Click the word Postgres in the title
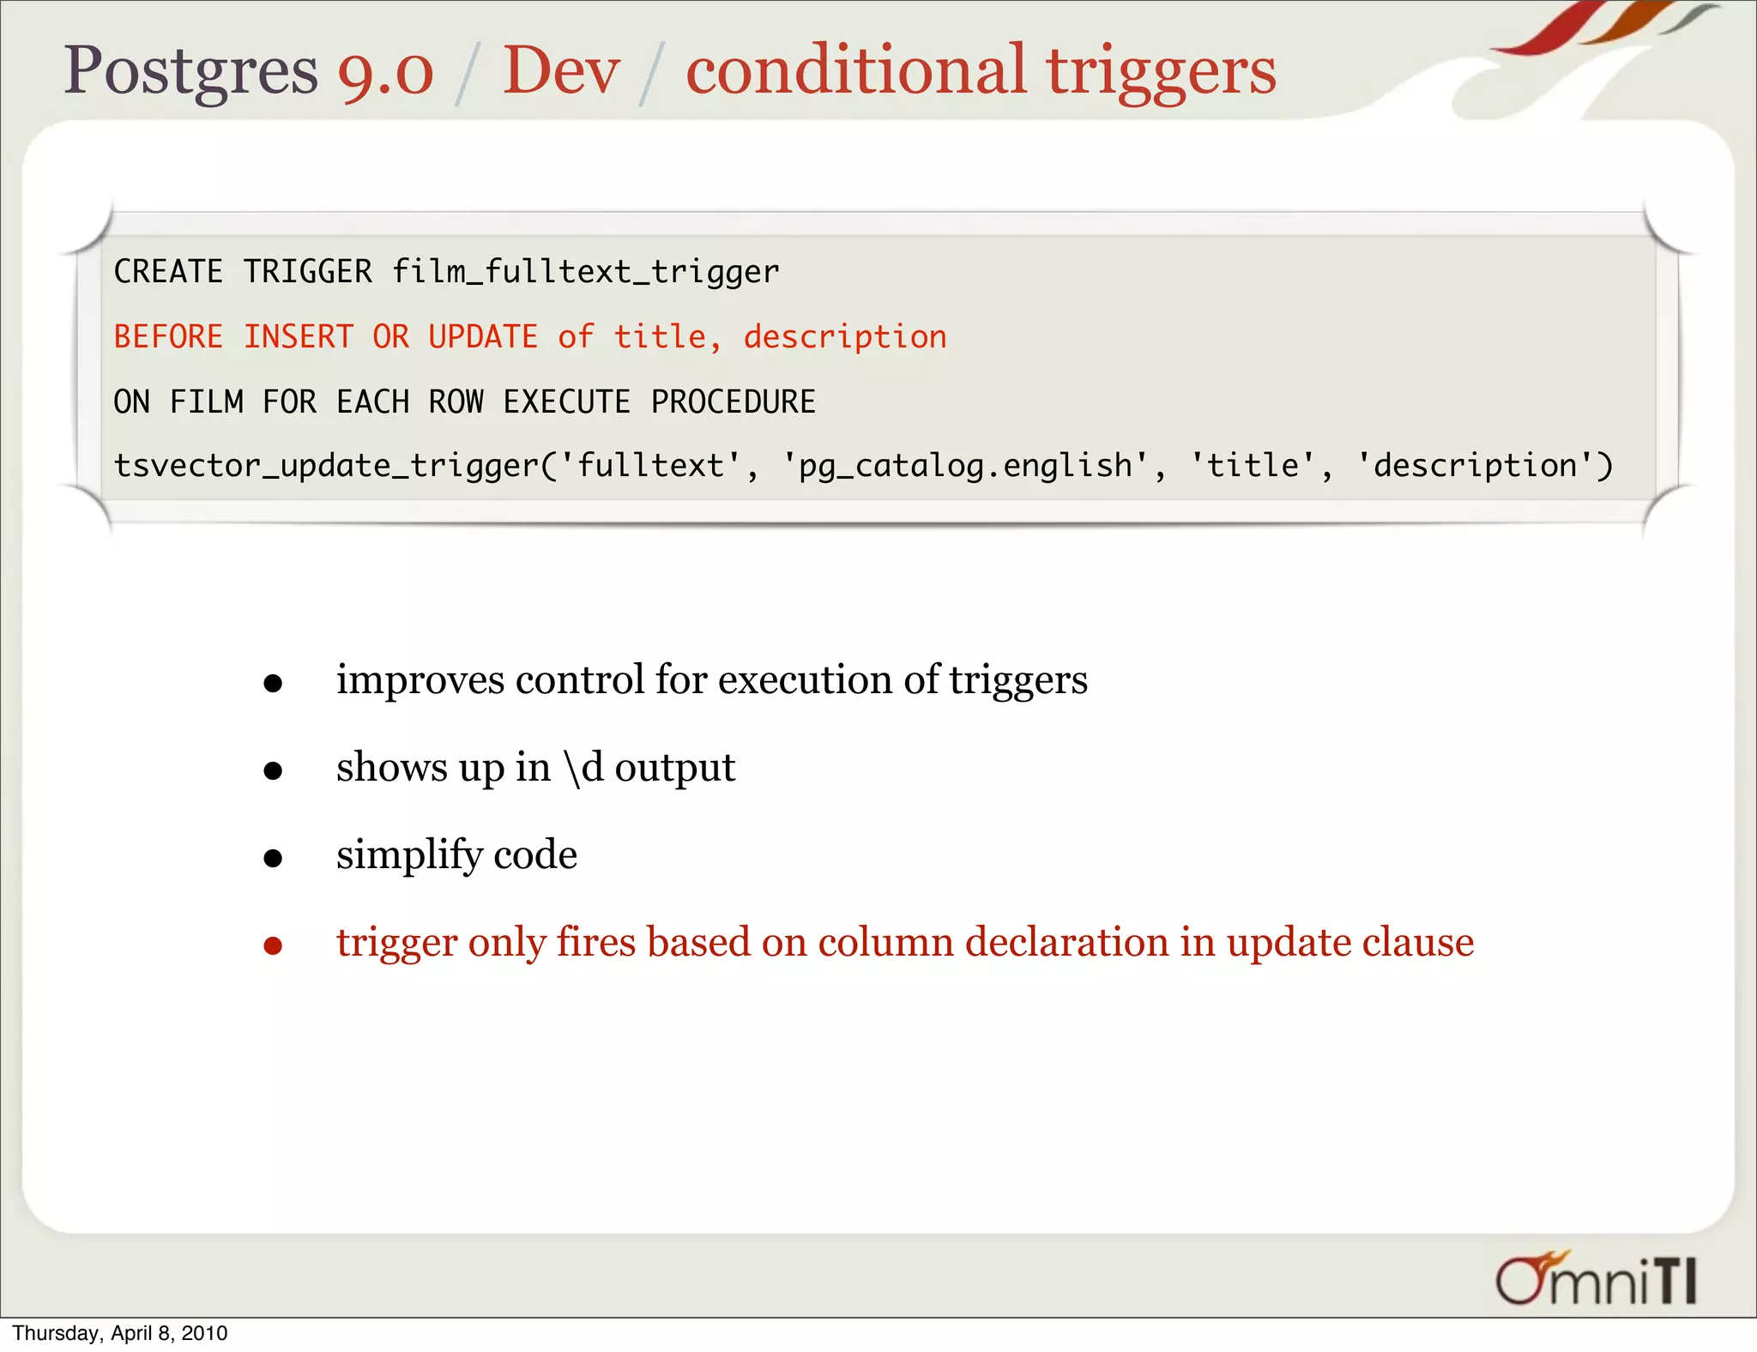pyautogui.click(x=190, y=71)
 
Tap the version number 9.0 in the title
pyautogui.click(x=385, y=71)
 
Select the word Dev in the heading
pyautogui.click(x=561, y=71)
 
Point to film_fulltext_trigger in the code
pyautogui.click(x=586, y=272)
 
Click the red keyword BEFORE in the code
pyautogui.click(x=168, y=337)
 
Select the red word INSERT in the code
pyautogui.click(x=299, y=337)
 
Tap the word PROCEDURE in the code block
pyautogui.click(x=734, y=401)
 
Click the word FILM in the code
pyautogui.click(x=207, y=401)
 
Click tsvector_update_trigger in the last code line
pyautogui.click(x=327, y=466)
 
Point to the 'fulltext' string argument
pyautogui.click(x=651, y=466)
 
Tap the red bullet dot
pyautogui.click(x=273, y=945)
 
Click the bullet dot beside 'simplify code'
pyautogui.click(x=273, y=858)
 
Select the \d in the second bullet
pyautogui.click(x=583, y=767)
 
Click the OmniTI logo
pyautogui.click(x=1596, y=1279)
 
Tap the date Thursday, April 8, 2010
pyautogui.click(x=120, y=1333)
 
